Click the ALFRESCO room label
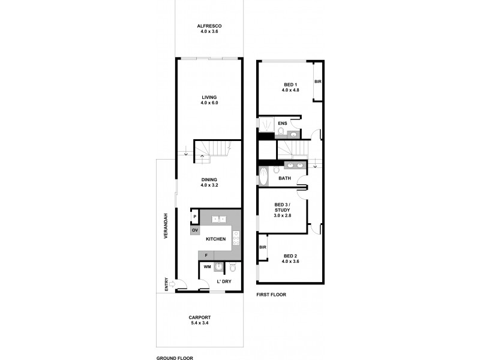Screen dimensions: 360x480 [210, 26]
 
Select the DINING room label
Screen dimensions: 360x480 [209, 179]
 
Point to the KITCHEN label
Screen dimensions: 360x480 [215, 239]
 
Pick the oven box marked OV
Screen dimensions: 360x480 [195, 230]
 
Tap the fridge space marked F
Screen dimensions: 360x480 [206, 256]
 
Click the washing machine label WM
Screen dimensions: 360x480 [207, 267]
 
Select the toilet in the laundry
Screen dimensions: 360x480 [234, 268]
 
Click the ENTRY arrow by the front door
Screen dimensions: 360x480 [172, 284]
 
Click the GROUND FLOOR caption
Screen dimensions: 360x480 [174, 357]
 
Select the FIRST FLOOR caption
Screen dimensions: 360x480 [271, 295]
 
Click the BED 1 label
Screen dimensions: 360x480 [290, 84]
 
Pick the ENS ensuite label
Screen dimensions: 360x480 [282, 124]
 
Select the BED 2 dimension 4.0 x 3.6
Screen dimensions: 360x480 [290, 262]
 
